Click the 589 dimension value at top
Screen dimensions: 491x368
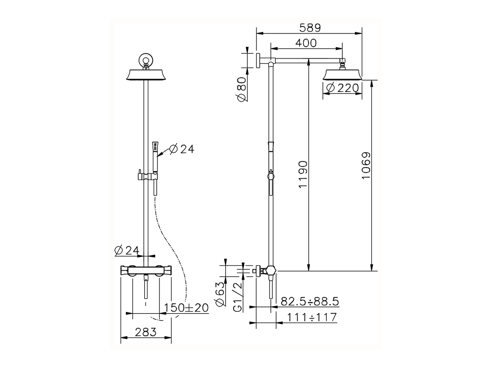click(x=310, y=28)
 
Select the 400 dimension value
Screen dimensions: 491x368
click(x=306, y=43)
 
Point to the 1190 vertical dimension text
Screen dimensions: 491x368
click(x=303, y=174)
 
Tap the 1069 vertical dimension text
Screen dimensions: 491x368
click(x=366, y=165)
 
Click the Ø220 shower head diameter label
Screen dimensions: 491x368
click(x=342, y=88)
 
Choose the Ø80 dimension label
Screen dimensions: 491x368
click(x=242, y=89)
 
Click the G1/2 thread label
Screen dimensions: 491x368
click(x=237, y=297)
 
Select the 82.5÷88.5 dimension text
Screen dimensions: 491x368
click(x=310, y=301)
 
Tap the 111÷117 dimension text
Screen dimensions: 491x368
click(x=312, y=317)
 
